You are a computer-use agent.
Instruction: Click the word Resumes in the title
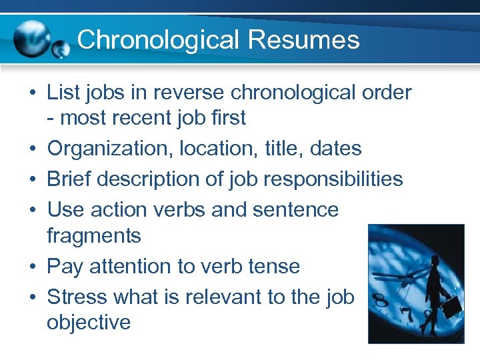(x=303, y=39)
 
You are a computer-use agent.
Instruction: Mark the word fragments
(x=94, y=235)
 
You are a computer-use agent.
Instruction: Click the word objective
(x=89, y=322)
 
